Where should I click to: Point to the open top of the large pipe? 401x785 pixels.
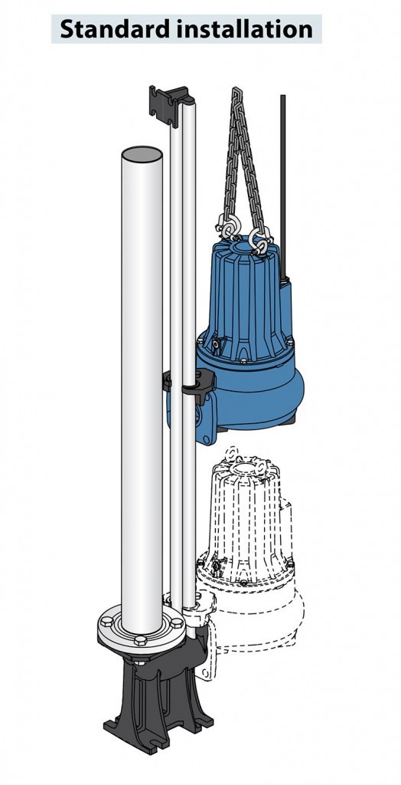click(142, 156)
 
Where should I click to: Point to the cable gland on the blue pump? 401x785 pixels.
click(285, 284)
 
